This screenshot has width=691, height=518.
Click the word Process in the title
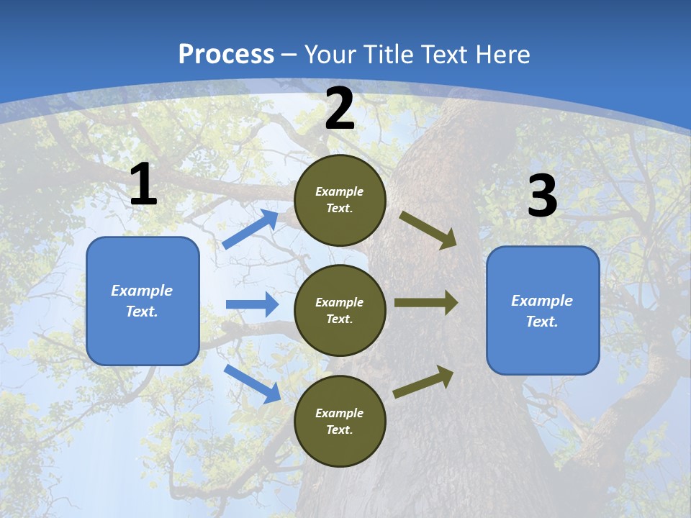click(x=226, y=55)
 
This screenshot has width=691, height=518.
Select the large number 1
click(x=143, y=185)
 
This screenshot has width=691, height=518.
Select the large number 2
click(x=340, y=109)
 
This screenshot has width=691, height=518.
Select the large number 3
click(x=542, y=196)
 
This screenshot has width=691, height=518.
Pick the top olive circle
click(x=340, y=200)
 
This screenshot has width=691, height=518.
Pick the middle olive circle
click(x=340, y=311)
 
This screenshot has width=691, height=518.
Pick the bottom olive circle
click(x=340, y=422)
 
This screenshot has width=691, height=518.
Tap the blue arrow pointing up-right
click(x=250, y=229)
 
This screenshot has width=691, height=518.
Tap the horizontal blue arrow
click(x=252, y=304)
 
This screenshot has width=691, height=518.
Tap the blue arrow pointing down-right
click(x=252, y=383)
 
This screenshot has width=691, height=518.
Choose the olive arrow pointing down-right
click(x=428, y=230)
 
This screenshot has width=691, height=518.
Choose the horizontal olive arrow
click(x=425, y=302)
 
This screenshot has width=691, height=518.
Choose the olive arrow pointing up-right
click(x=423, y=382)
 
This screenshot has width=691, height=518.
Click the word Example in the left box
click(x=142, y=291)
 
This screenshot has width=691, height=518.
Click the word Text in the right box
click(x=541, y=322)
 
